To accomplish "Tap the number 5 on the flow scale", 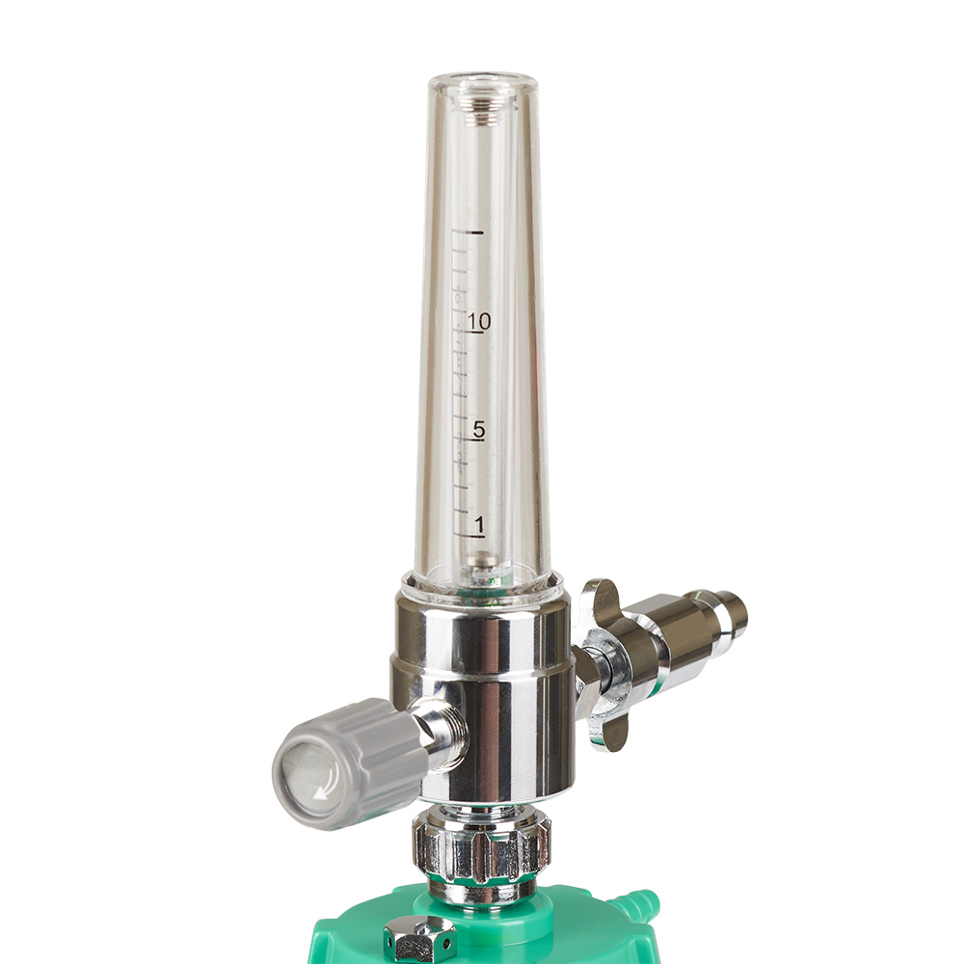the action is coord(479,429).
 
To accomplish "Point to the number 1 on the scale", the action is coord(479,524).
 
